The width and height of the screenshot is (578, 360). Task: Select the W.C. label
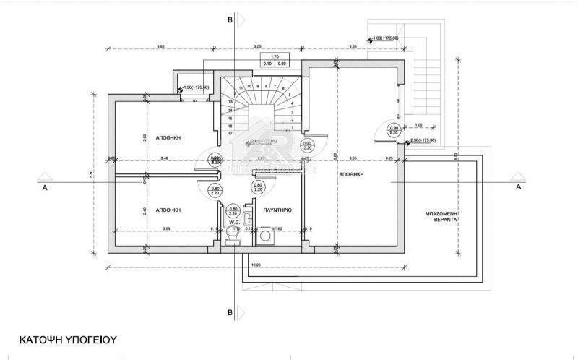[233, 223]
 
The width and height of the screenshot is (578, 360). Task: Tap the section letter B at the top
[230, 20]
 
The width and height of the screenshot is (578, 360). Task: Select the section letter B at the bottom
[230, 312]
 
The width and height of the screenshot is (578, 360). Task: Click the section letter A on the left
[45, 187]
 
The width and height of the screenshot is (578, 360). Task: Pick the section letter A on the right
[518, 187]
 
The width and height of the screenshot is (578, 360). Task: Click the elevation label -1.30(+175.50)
[197, 87]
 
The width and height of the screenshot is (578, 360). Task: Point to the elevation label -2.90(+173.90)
[424, 140]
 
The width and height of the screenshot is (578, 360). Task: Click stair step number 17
[230, 134]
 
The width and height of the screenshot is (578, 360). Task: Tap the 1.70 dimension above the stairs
[275, 56]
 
